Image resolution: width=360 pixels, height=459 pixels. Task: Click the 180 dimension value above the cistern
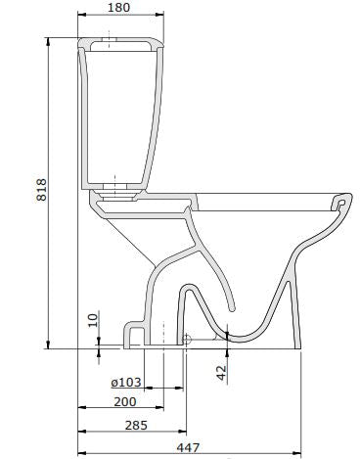117,9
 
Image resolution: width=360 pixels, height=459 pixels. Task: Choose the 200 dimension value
125,401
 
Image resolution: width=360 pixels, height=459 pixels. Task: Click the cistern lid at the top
118,44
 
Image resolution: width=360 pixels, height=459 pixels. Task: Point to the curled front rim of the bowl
341,202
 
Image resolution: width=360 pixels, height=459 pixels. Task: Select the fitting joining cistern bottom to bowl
118,193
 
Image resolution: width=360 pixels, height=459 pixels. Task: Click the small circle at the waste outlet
185,340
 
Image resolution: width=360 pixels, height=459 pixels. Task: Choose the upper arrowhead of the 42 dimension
228,334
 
